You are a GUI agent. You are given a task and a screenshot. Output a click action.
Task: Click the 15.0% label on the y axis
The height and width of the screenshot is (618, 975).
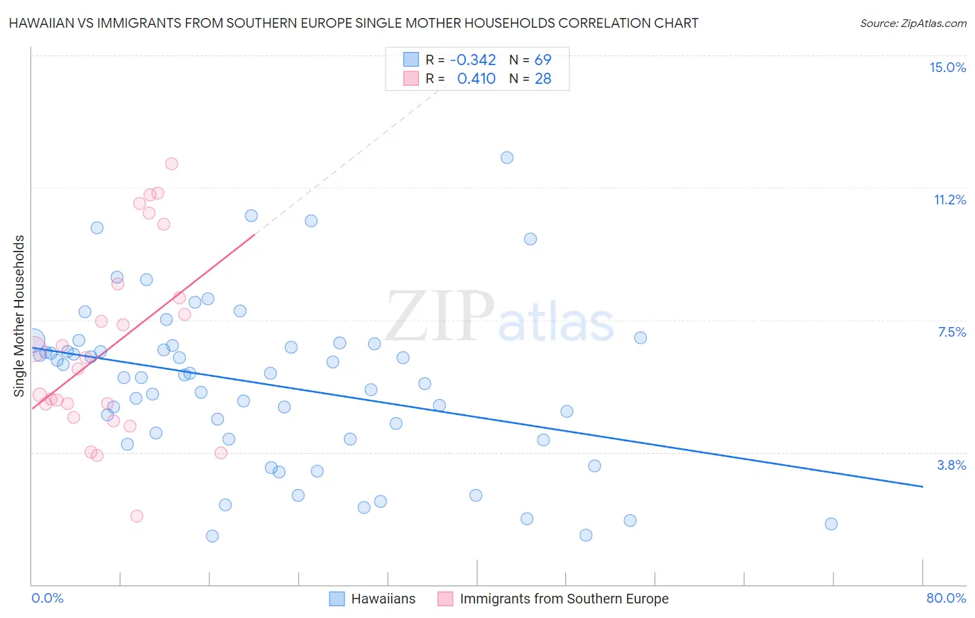tap(947, 67)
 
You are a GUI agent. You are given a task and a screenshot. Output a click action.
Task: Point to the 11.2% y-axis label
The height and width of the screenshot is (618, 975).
tap(949, 200)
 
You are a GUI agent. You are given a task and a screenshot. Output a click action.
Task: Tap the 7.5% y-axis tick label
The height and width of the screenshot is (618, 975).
tap(951, 332)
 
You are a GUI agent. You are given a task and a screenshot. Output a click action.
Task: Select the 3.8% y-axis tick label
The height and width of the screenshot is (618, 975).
tap(951, 465)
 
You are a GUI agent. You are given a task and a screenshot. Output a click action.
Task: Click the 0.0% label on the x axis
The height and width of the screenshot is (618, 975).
tap(47, 598)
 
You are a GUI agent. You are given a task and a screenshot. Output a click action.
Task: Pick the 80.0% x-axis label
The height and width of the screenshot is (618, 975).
tap(946, 598)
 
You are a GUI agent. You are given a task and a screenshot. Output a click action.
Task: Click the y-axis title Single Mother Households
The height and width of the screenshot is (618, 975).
tap(19, 316)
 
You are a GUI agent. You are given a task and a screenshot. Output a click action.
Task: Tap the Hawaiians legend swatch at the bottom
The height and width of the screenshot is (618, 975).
tap(337, 599)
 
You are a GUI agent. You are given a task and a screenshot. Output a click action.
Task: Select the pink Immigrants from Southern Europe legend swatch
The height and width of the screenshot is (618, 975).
tap(445, 599)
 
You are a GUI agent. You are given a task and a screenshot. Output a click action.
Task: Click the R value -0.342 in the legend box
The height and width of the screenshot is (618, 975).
tap(472, 60)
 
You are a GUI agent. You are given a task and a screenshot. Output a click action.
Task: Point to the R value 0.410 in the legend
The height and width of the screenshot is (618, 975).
tap(476, 79)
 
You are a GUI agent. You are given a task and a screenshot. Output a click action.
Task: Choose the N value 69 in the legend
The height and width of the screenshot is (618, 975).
tap(542, 60)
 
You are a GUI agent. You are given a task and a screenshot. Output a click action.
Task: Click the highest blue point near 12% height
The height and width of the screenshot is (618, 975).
tap(507, 157)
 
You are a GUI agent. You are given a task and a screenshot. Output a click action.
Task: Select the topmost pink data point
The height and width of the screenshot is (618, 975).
tap(171, 164)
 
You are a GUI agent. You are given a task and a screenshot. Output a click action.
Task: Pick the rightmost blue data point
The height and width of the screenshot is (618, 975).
tap(831, 524)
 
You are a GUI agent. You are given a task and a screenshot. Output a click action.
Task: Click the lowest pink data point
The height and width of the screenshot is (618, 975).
tap(137, 516)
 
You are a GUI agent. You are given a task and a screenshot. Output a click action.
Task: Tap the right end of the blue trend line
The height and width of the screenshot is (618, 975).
tap(922, 486)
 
